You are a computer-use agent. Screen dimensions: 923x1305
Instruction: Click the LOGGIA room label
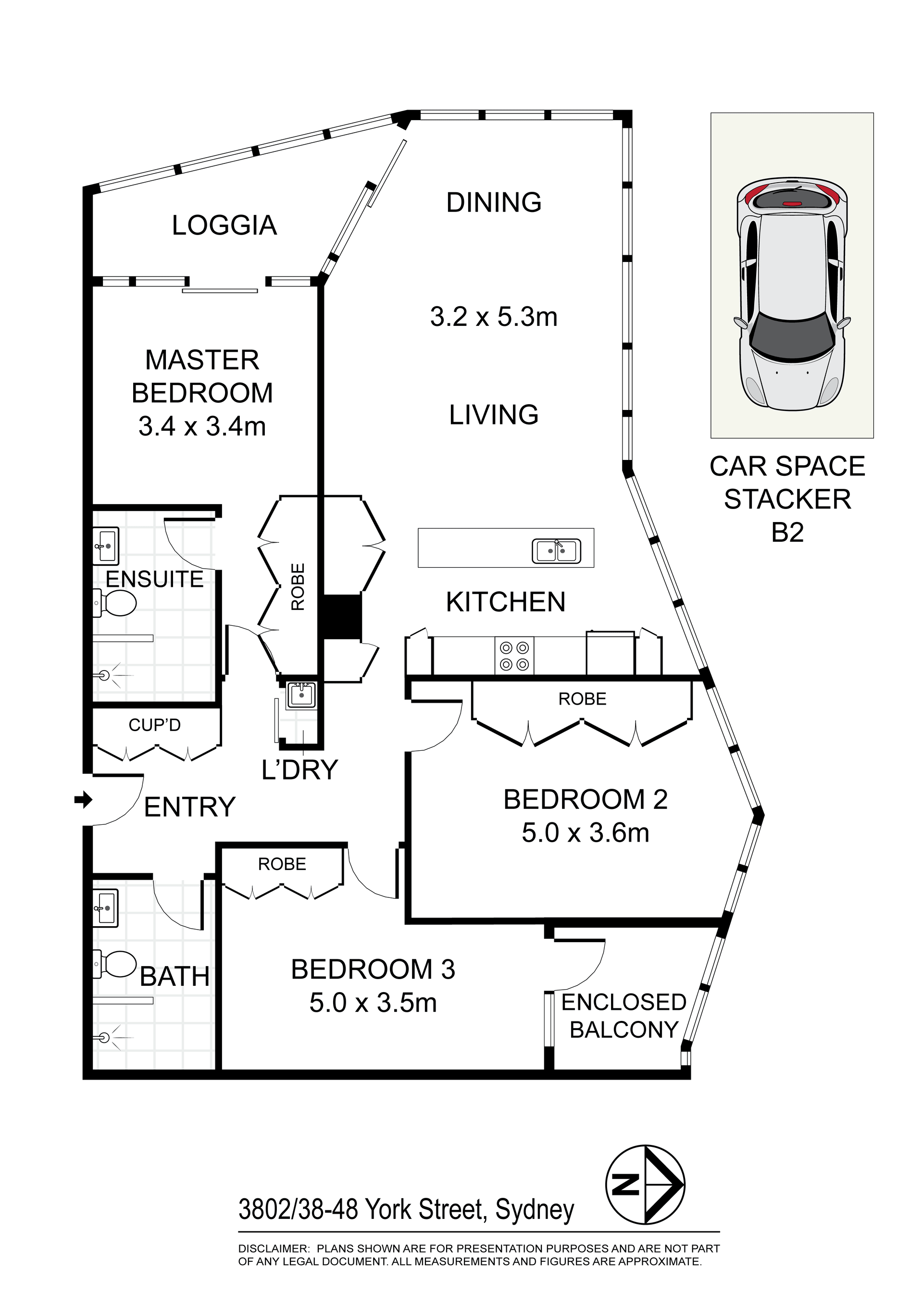[224, 225]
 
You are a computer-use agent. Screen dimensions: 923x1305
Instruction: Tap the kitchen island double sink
[556, 551]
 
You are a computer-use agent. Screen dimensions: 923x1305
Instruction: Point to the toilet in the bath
[115, 965]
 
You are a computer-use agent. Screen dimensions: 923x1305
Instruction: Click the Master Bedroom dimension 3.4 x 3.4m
[202, 426]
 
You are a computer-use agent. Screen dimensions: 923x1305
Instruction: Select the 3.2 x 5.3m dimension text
[494, 317]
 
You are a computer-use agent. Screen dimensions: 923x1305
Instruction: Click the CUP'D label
[155, 725]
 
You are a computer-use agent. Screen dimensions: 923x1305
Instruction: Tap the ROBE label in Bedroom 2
[583, 698]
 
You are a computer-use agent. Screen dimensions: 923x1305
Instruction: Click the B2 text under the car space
[788, 533]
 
